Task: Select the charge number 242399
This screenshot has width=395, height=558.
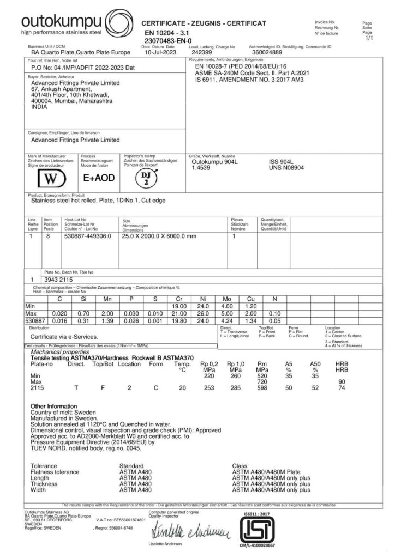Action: coord(202,53)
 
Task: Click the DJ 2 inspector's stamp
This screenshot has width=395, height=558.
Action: coord(146,177)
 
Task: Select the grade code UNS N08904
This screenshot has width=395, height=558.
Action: coord(287,168)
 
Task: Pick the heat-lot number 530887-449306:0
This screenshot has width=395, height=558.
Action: coord(88,236)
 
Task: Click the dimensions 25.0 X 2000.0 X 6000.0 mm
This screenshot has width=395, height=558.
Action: coord(157,236)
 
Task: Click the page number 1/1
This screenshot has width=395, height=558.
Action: coord(368,39)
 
